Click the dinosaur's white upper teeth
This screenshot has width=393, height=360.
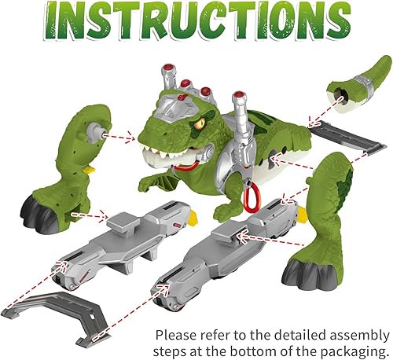pyautogui.click(x=161, y=154)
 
